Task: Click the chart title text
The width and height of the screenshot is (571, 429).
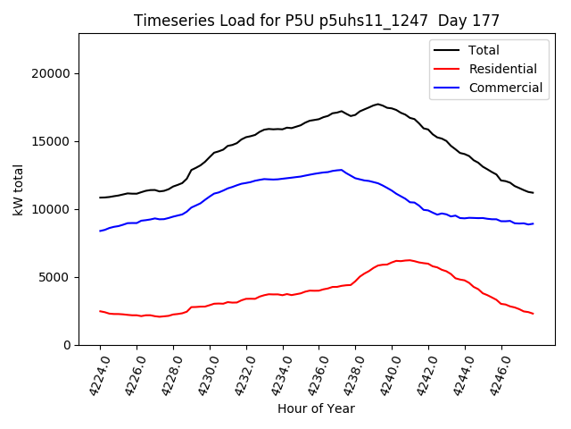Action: (317, 21)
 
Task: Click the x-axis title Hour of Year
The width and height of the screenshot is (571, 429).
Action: (316, 408)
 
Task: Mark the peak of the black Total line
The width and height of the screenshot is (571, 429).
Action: (377, 105)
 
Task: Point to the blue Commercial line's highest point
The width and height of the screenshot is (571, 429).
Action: (341, 170)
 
